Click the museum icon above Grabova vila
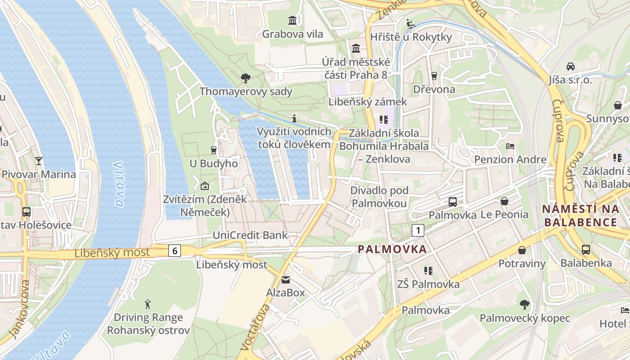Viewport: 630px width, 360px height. click(292, 20)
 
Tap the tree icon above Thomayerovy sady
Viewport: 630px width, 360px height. click(246, 78)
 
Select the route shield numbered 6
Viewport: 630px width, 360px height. click(175, 251)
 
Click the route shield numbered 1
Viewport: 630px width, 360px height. click(418, 230)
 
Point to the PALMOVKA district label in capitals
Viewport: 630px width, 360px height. click(392, 249)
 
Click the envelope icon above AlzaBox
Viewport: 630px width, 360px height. click(286, 280)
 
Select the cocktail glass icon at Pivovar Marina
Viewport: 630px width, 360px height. click(39, 161)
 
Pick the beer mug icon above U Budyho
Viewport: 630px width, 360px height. click(214, 150)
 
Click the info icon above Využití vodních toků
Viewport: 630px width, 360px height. click(294, 118)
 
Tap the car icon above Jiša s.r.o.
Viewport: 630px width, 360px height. click(570, 67)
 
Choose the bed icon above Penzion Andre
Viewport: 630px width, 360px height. click(510, 146)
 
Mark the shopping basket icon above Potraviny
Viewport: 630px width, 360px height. click(522, 250)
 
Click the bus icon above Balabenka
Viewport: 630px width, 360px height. click(585, 249)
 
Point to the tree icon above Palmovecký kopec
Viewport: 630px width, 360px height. click(524, 305)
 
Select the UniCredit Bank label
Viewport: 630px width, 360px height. click(250, 235)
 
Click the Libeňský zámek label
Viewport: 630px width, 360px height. click(368, 102)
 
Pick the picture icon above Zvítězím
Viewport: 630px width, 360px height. click(205, 185)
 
